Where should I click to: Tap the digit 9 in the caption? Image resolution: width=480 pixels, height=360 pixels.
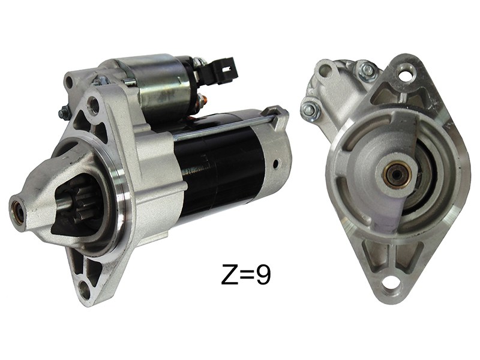coord(263,274)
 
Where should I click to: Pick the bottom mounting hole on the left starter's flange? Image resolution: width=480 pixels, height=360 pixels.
coord(84,288)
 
